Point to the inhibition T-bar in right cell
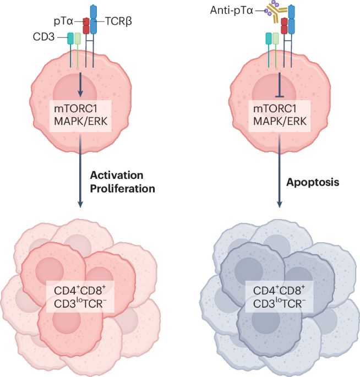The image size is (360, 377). (280, 84)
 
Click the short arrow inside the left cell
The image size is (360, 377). (81, 83)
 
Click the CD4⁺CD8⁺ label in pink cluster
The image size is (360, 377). (81, 289)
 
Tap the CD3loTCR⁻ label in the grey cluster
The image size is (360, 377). (280, 303)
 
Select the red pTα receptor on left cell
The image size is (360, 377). (86, 25)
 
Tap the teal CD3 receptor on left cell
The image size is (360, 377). (70, 39)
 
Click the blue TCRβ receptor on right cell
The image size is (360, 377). (292, 22)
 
